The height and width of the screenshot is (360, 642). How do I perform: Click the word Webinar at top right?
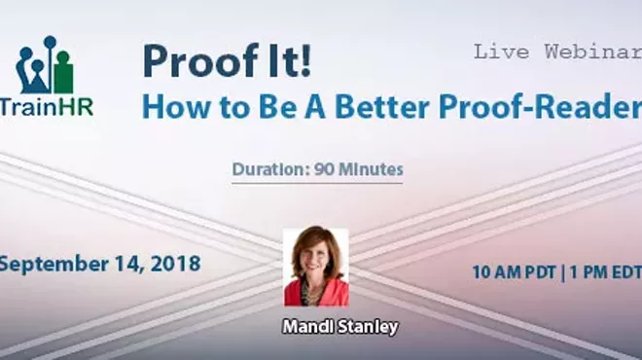tap(589, 52)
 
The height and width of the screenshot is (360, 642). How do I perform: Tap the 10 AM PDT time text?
tap(514, 272)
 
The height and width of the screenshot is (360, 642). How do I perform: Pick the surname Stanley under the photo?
tap(368, 328)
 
